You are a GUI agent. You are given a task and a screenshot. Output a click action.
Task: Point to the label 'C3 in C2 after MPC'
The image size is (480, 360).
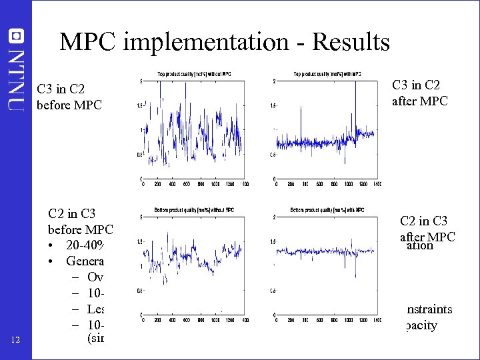421,93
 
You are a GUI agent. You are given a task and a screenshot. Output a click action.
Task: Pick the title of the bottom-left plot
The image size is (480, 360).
194,210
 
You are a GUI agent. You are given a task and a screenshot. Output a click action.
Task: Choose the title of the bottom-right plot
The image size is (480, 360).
327,210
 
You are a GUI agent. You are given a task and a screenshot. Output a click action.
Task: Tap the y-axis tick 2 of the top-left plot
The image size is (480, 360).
139,81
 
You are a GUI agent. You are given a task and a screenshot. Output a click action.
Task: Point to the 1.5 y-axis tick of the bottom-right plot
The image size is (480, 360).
274,242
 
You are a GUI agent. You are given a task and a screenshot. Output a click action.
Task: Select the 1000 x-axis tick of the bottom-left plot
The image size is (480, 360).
215,320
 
